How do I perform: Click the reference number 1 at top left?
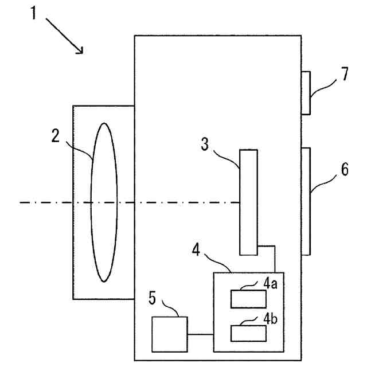(34, 13)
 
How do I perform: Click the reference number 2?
(55, 135)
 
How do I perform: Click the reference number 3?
(205, 143)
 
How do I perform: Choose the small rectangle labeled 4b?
(248, 333)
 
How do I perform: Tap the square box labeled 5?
(169, 334)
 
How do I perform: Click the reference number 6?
(343, 170)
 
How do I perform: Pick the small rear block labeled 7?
(306, 93)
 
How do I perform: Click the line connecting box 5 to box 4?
(200, 334)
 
